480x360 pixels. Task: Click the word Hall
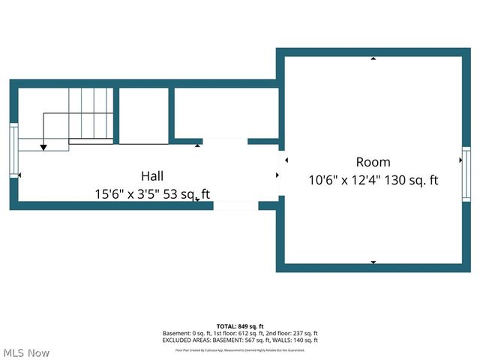[x=153, y=175]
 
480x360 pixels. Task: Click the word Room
[x=373, y=162]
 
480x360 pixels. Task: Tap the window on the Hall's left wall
[x=13, y=151]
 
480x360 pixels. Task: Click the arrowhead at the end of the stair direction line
[x=43, y=147]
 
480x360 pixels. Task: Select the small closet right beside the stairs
[x=144, y=115]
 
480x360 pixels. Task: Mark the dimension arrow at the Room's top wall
[x=373, y=58]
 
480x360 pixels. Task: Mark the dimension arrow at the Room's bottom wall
[x=373, y=262]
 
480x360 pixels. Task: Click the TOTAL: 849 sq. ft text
[x=240, y=326]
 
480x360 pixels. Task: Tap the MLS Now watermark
[x=26, y=352]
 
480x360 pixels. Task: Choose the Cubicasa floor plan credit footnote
[x=240, y=349]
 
